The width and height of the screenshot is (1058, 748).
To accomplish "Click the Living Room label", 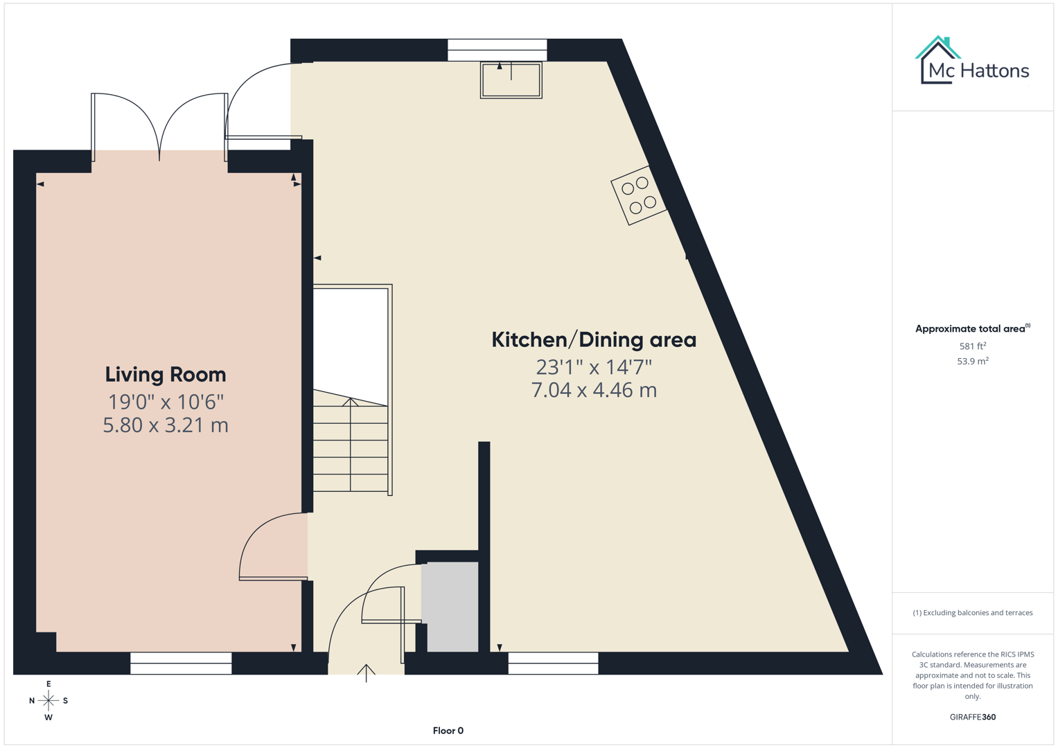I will pyautogui.click(x=166, y=375).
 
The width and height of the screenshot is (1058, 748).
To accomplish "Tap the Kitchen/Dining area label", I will pyautogui.click(x=594, y=340).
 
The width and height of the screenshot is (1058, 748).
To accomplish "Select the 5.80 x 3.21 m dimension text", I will pyautogui.click(x=166, y=425).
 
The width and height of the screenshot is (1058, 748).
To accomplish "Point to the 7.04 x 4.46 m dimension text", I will pyautogui.click(x=594, y=390).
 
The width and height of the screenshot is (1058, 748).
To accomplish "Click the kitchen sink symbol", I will pyautogui.click(x=511, y=80).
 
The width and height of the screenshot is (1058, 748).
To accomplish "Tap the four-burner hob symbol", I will pyautogui.click(x=639, y=195).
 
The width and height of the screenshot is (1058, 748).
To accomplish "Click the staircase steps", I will pyautogui.click(x=351, y=447).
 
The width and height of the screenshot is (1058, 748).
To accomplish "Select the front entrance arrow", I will pyautogui.click(x=367, y=673).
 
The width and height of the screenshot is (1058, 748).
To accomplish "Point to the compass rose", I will pyautogui.click(x=49, y=701).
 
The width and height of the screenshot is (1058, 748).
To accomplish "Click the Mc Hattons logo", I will pyautogui.click(x=973, y=62).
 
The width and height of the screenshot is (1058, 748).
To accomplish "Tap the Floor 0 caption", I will pyautogui.click(x=448, y=731).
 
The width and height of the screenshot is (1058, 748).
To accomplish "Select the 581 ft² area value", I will pyautogui.click(x=973, y=346).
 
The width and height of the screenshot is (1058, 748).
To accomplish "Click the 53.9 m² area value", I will pyautogui.click(x=973, y=361).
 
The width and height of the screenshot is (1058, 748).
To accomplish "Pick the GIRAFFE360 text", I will pyautogui.click(x=973, y=717).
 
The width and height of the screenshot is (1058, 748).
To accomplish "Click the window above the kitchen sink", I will pyautogui.click(x=497, y=50).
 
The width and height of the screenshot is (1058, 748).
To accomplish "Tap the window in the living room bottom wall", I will pyautogui.click(x=181, y=663).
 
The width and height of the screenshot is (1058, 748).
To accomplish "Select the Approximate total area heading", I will pyautogui.click(x=972, y=328).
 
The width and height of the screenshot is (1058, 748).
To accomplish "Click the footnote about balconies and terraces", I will pyautogui.click(x=973, y=613).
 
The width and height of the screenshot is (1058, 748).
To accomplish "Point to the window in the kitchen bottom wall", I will pyautogui.click(x=553, y=663).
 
